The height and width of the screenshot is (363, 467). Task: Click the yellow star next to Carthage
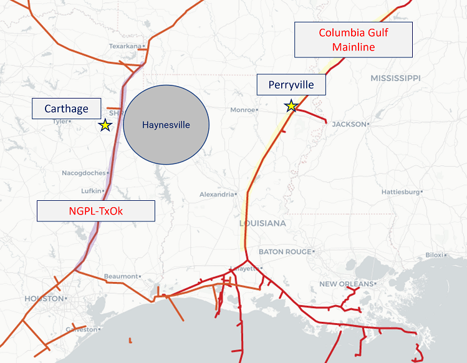pos(105,125)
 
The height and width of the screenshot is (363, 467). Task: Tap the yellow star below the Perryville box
pos(291,106)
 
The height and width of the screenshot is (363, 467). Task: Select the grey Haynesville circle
pos(166,125)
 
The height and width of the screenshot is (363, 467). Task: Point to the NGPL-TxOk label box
pos(95,211)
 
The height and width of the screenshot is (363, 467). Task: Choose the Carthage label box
pos(66,109)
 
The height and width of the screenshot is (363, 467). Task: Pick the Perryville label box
pos(291,84)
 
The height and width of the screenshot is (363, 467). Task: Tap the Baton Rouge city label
pos(284,252)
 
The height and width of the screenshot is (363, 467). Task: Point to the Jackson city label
pos(349,124)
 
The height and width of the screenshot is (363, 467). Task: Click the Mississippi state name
pos(395,78)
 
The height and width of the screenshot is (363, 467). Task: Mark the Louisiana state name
pos(262,223)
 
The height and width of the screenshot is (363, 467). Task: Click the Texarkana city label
pos(125,46)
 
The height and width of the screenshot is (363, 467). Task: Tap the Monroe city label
pos(242,110)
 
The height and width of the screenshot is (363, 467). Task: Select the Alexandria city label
pos(216,195)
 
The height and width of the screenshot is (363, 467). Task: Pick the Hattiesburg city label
pos(400,191)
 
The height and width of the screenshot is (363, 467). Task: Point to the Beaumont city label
pos(121,276)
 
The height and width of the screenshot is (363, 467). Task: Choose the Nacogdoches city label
pos(84,173)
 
